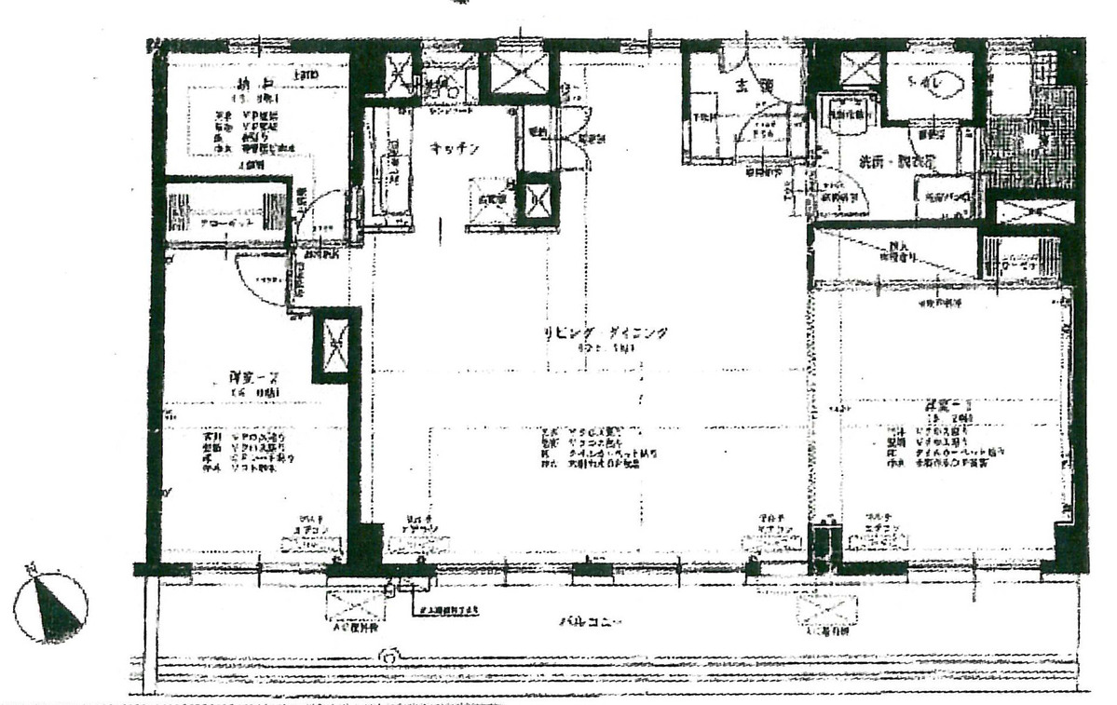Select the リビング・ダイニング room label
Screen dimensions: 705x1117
tap(607, 333)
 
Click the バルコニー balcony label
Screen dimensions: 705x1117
tap(591, 620)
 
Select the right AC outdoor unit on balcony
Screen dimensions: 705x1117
tap(823, 610)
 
